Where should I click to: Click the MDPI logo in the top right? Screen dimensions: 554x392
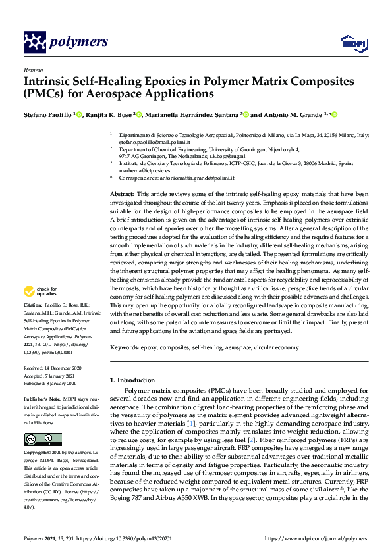click(349, 43)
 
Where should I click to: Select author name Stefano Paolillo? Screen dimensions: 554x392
click(47, 114)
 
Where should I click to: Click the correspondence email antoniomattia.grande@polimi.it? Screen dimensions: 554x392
click(197, 176)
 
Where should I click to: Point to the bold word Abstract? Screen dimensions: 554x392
click(122, 195)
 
